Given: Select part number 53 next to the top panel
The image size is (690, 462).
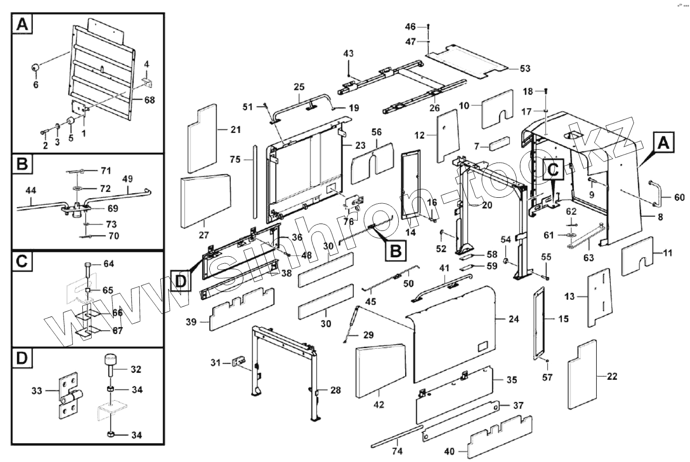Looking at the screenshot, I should pos(525,68).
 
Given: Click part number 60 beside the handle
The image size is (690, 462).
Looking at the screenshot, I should pos(679,198).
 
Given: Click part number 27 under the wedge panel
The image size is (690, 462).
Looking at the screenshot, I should pos(204,234).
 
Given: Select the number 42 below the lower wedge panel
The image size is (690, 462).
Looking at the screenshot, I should pos(378,404).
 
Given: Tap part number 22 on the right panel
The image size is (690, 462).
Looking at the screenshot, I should pos(612,376).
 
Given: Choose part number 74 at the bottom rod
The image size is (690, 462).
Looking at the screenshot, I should pos(397,451).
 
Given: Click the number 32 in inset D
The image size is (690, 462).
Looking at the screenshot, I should pos(136,369).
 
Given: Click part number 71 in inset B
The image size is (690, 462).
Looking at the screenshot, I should pos(105,171).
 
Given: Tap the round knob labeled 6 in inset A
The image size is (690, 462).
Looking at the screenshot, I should pos(36,68).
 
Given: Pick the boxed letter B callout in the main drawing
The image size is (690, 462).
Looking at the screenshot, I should pos(395,250).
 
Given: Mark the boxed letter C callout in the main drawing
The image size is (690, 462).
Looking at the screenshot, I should pos(554,169).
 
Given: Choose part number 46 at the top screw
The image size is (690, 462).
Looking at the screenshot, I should pos(410,26).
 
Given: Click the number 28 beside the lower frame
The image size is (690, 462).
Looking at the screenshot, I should pos(335,390).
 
